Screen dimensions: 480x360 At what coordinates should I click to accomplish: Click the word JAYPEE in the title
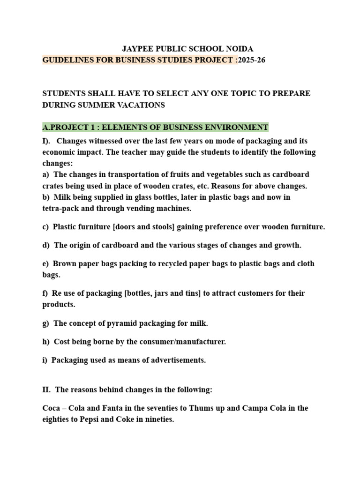138,49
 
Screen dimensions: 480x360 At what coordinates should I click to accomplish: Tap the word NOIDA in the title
240,49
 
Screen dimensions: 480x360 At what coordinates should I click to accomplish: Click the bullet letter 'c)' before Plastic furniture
45,227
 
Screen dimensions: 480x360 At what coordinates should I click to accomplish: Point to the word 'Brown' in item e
64,263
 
